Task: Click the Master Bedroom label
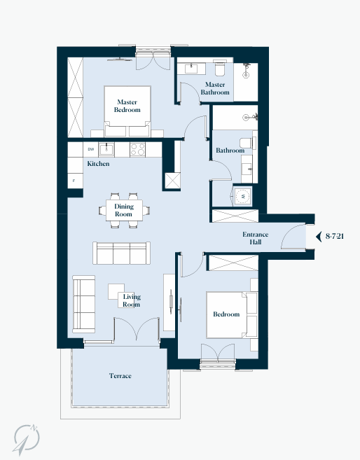point(127,106)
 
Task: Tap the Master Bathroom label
point(215,88)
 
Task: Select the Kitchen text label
point(98,163)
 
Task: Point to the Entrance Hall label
point(255,238)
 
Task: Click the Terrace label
point(120,375)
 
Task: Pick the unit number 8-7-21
point(335,236)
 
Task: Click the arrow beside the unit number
point(319,237)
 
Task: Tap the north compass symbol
point(27,439)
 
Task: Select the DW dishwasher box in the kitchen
point(90,150)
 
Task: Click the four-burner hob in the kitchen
point(137,149)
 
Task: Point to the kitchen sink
point(106,149)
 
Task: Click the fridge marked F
point(75,181)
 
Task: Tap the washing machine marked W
point(242,196)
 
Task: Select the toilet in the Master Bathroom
point(220,69)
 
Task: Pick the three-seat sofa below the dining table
point(121,253)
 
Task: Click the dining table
point(125,210)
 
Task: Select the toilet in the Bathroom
point(246,143)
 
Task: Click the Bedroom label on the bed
point(226,314)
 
